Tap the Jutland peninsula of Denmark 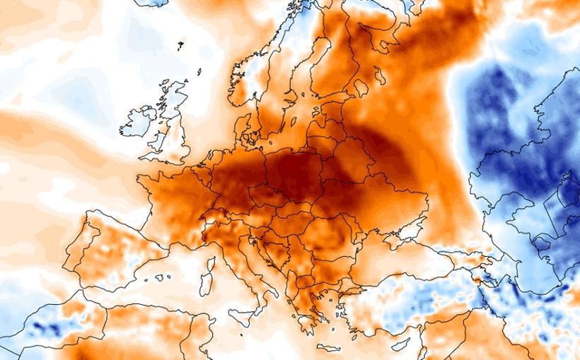(x=243, y=127)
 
